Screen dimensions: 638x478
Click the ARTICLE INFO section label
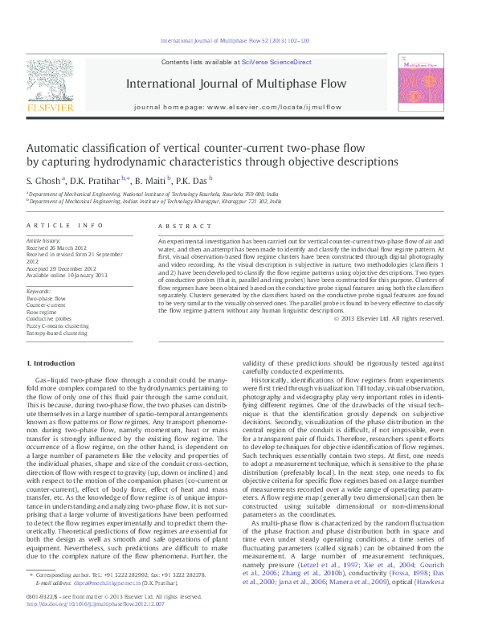pyautogui.click(x=65, y=227)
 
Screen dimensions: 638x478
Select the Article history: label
pyautogui.click(x=44, y=241)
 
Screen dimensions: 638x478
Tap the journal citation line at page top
pyautogui.click(x=239, y=40)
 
